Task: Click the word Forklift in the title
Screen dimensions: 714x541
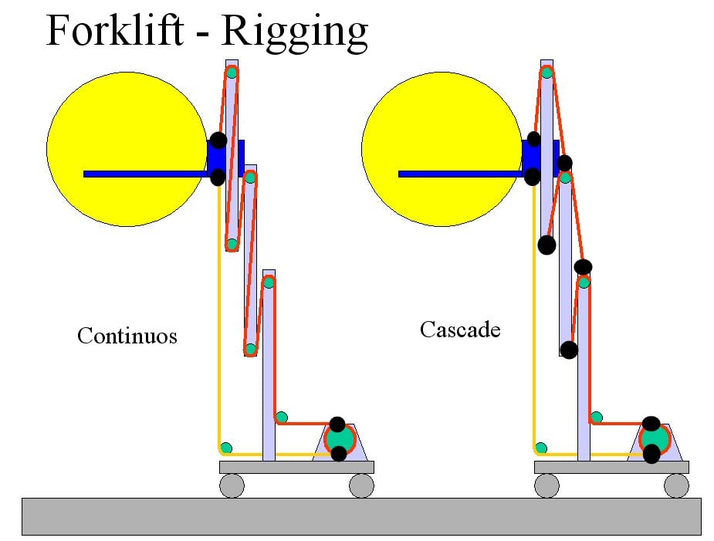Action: click(114, 30)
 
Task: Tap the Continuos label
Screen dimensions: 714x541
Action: click(127, 336)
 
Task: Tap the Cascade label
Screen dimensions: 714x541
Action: click(460, 330)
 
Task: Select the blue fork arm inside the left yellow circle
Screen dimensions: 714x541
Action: click(146, 174)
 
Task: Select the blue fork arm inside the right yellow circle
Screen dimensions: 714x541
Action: click(460, 174)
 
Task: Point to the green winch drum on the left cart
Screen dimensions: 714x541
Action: click(339, 438)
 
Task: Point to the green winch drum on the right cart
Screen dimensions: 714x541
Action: click(655, 438)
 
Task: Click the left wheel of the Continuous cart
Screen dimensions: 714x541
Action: click(232, 485)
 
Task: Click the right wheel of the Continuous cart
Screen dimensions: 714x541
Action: click(361, 485)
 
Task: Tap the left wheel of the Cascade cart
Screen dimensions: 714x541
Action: click(546, 485)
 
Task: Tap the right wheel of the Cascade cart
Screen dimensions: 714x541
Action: click(676, 485)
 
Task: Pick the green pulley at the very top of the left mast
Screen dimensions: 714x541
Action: click(232, 73)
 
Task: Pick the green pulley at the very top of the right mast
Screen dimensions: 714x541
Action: click(546, 73)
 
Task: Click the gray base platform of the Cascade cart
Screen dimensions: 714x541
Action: click(611, 467)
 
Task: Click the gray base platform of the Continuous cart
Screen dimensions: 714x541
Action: click(296, 467)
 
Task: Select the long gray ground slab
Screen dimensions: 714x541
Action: click(361, 516)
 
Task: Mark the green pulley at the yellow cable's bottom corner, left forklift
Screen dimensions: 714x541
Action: click(226, 448)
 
